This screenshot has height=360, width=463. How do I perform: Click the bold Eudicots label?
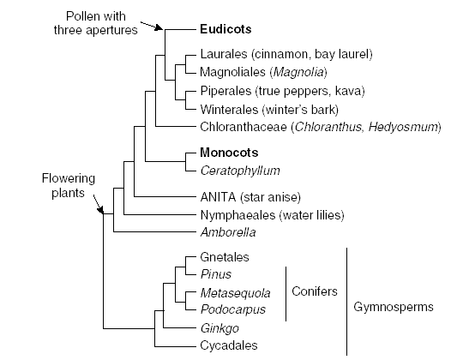[225, 29]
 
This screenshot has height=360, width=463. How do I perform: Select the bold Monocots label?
[229, 153]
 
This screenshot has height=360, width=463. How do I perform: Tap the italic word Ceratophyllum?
[240, 171]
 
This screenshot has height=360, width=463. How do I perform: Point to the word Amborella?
[228, 232]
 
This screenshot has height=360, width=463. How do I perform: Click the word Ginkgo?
[219, 328]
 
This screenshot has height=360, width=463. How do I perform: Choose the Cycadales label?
[229, 345]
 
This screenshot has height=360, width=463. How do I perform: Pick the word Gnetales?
[225, 257]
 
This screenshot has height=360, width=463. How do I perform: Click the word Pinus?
[215, 274]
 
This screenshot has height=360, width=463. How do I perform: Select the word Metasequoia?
[235, 293]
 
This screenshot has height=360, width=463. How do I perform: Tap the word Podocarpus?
[233, 309]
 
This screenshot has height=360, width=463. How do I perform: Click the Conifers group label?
[315, 291]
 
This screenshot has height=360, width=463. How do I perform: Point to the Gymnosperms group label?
[394, 307]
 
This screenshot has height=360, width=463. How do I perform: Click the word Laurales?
[224, 54]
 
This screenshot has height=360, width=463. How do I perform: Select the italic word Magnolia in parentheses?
[298, 72]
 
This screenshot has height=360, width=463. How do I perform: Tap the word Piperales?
[225, 91]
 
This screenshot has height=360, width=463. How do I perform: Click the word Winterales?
[229, 110]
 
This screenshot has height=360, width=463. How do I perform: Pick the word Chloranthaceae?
[244, 127]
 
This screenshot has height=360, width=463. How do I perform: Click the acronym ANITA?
[218, 197]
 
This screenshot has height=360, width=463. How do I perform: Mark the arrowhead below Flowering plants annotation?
[101, 209]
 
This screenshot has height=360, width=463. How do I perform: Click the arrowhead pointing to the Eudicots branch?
[159, 27]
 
